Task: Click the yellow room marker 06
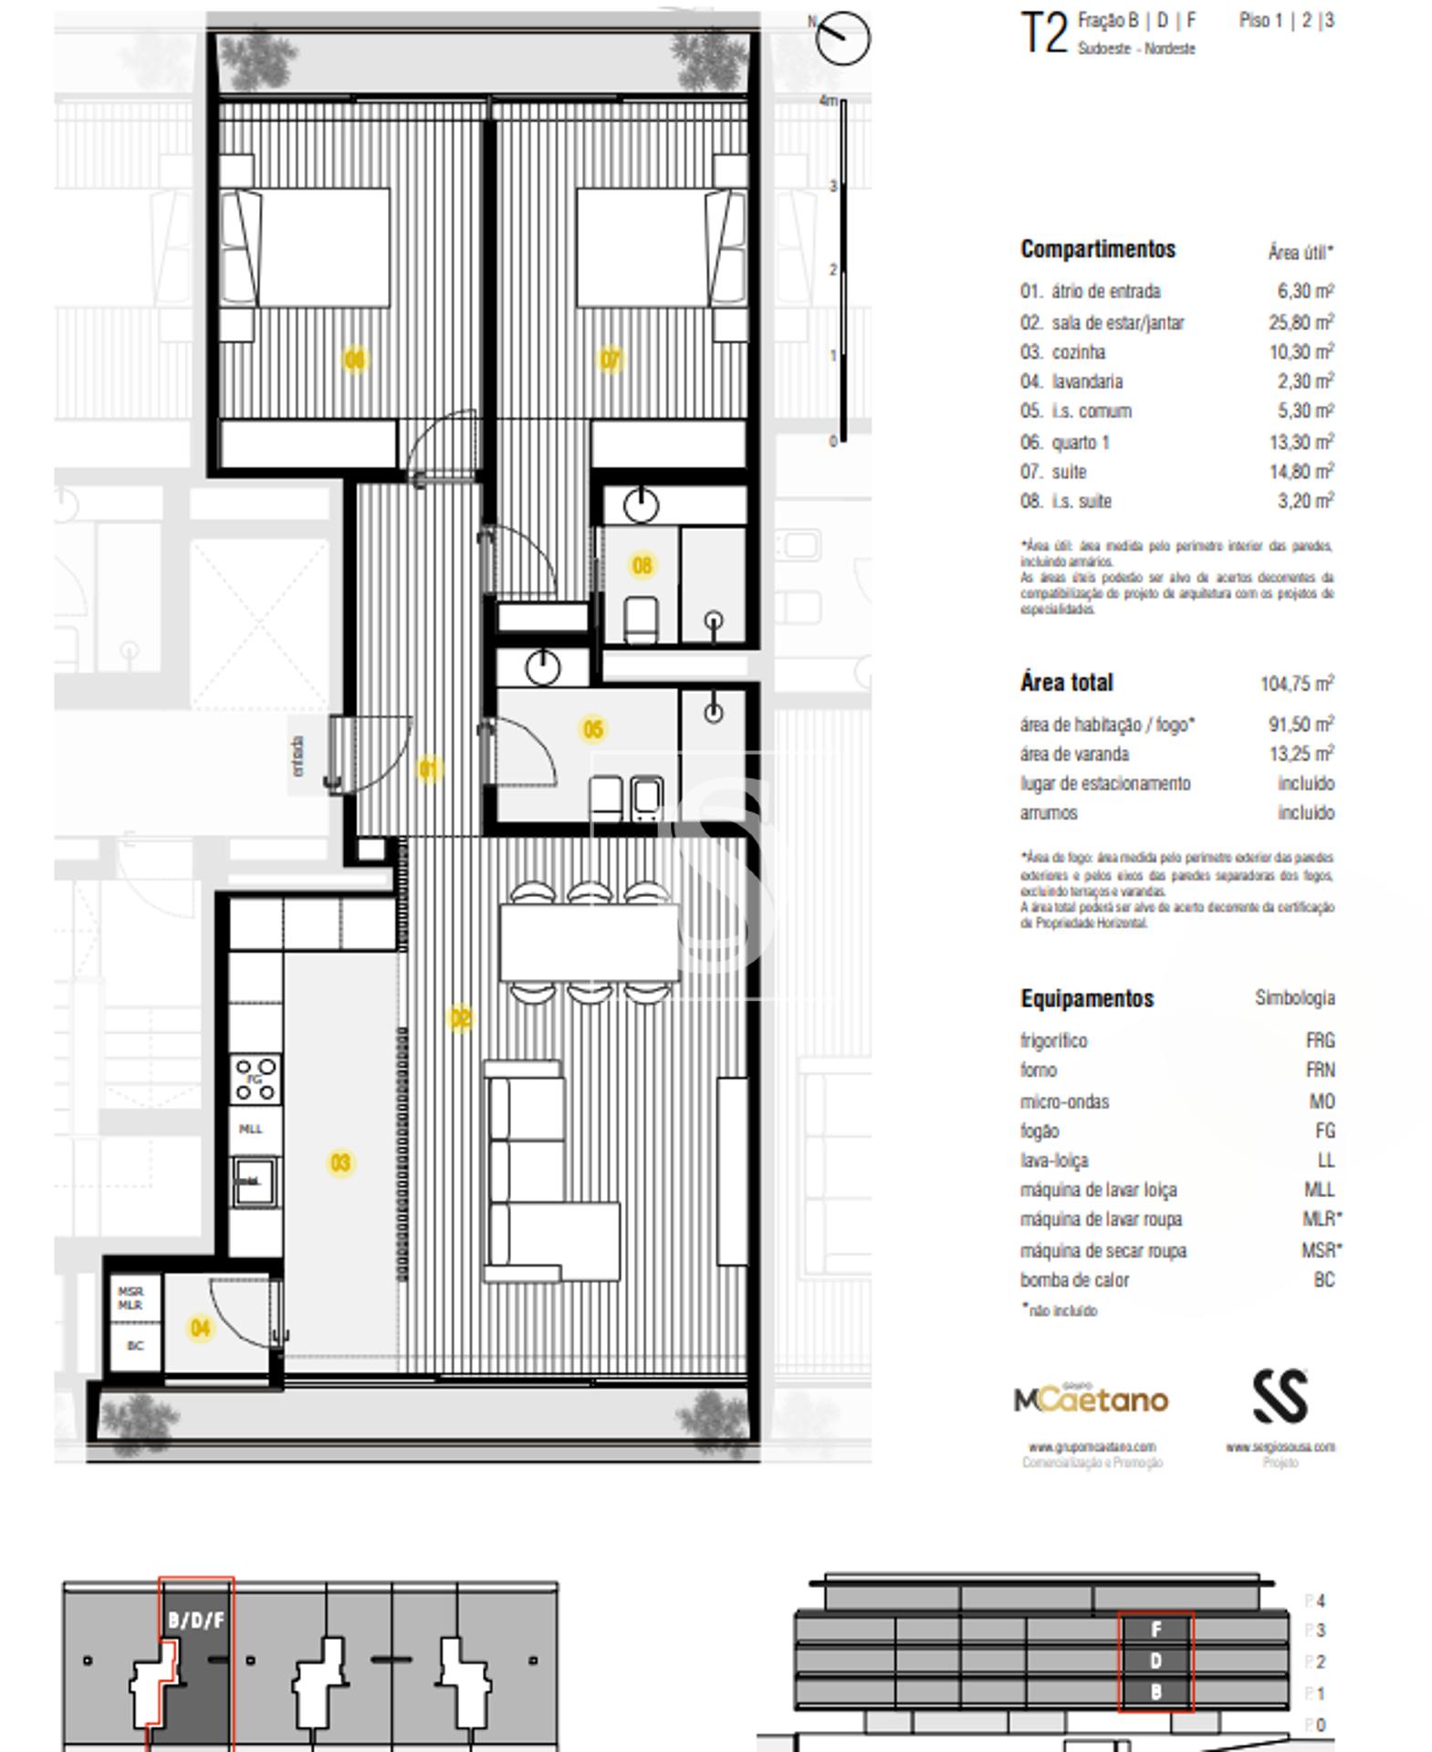click(354, 360)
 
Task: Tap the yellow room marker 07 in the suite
click(610, 360)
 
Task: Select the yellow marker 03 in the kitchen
click(340, 1163)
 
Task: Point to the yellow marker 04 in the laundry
click(200, 1328)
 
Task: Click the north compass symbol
click(841, 37)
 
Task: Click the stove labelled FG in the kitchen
click(255, 1079)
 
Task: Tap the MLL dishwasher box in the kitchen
click(251, 1129)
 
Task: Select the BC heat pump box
click(135, 1345)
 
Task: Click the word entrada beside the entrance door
click(298, 756)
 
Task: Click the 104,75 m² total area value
click(1296, 683)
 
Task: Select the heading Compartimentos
click(1097, 249)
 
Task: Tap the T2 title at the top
click(1043, 34)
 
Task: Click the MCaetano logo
click(1091, 1399)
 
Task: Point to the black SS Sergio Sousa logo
click(1280, 1396)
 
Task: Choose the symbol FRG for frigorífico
click(1320, 1040)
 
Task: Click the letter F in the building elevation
click(1155, 1629)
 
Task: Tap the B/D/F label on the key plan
click(195, 1621)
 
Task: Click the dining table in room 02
click(589, 941)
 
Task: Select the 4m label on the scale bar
click(828, 100)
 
